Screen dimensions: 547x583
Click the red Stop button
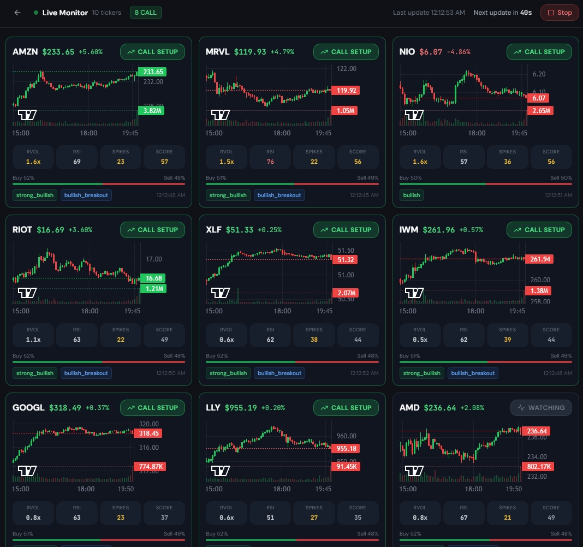(x=560, y=13)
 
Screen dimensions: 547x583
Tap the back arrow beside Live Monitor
(x=17, y=13)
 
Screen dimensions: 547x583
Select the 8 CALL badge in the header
(x=145, y=13)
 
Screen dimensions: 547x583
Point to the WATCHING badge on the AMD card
(x=541, y=408)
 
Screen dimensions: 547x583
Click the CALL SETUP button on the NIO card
(x=539, y=52)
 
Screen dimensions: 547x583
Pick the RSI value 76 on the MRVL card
(x=271, y=162)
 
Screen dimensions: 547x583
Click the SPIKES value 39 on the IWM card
(x=507, y=340)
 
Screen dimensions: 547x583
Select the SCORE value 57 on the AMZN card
(x=164, y=162)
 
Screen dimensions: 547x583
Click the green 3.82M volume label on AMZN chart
(x=151, y=111)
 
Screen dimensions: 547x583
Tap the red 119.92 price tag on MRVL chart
(x=345, y=91)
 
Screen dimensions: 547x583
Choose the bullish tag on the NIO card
(x=412, y=195)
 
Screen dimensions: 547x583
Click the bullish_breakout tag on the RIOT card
(x=86, y=373)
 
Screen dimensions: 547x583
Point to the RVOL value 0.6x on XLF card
(x=227, y=340)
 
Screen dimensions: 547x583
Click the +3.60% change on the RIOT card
(x=80, y=230)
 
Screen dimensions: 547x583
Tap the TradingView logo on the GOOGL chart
(x=27, y=471)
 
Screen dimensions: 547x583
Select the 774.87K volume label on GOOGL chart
(x=149, y=467)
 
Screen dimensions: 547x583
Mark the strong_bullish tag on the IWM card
(x=421, y=373)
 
